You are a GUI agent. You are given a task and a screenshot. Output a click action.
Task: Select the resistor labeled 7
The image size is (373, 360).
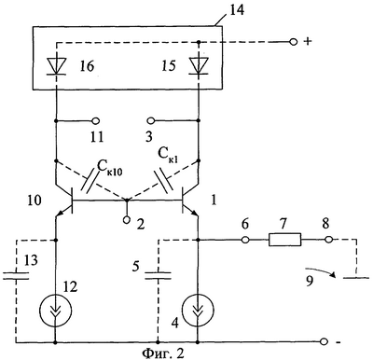284,240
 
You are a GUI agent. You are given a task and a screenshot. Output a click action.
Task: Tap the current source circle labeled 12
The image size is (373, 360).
56,309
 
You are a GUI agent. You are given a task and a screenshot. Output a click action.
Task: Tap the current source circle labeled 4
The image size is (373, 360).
198,309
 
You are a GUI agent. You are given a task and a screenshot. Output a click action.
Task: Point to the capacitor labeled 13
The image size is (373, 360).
16,275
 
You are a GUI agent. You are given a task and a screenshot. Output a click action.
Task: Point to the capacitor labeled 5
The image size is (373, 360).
158,275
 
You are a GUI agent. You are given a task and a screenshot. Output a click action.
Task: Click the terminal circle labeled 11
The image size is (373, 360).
96,120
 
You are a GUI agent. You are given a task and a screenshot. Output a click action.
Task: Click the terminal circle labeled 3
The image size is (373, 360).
151,120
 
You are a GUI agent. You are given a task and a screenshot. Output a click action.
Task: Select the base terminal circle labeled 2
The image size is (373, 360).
126,220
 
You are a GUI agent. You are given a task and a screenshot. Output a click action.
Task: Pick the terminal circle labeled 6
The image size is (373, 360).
245,240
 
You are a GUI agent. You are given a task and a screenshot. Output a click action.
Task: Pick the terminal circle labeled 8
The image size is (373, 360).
328,240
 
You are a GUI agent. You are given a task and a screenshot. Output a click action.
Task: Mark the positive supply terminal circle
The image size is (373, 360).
293,42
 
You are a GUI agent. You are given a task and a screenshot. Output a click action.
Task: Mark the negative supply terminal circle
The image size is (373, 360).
325,341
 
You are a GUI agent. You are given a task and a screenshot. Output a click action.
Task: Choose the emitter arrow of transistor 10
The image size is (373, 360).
59,214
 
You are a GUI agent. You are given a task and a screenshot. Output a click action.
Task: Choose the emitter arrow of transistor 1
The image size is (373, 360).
194,213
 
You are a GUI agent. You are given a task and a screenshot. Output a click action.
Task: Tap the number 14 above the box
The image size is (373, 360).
237,10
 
